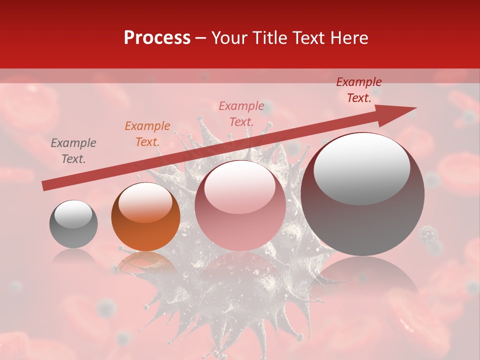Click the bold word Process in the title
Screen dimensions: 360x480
tap(157, 38)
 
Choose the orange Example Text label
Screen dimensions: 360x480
tap(147, 134)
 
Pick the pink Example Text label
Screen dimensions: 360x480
tap(241, 113)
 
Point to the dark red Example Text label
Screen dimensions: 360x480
tap(359, 90)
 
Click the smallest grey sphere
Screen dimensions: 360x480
tap(73, 230)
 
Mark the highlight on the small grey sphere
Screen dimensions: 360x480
tap(73, 214)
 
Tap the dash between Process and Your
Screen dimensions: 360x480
tap(201, 38)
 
